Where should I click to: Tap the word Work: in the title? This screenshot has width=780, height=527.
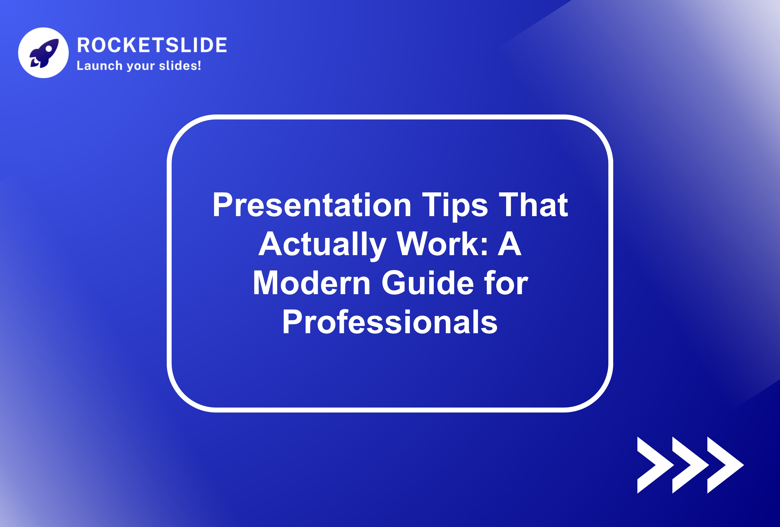click(442, 245)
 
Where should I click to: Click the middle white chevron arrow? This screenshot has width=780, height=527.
click(688, 465)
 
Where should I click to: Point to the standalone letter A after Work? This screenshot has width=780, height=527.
click(509, 245)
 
